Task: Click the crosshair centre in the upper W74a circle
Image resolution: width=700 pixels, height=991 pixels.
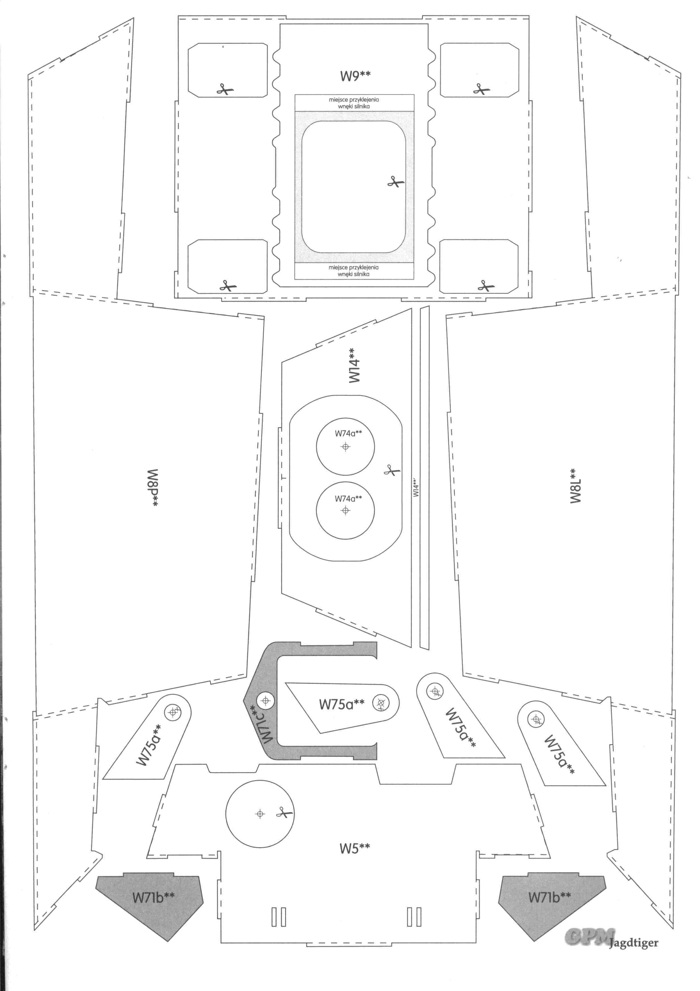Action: pos(345,447)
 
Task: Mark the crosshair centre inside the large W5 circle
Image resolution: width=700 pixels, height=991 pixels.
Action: pos(260,814)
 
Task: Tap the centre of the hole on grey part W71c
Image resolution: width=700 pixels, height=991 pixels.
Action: pos(265,700)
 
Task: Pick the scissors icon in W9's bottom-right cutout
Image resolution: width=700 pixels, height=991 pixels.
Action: pos(485,286)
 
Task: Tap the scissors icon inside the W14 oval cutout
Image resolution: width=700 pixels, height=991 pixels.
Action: pos(392,470)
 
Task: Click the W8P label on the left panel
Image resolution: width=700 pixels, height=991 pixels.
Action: pos(153,488)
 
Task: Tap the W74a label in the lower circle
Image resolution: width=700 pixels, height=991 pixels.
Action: pos(348,499)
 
